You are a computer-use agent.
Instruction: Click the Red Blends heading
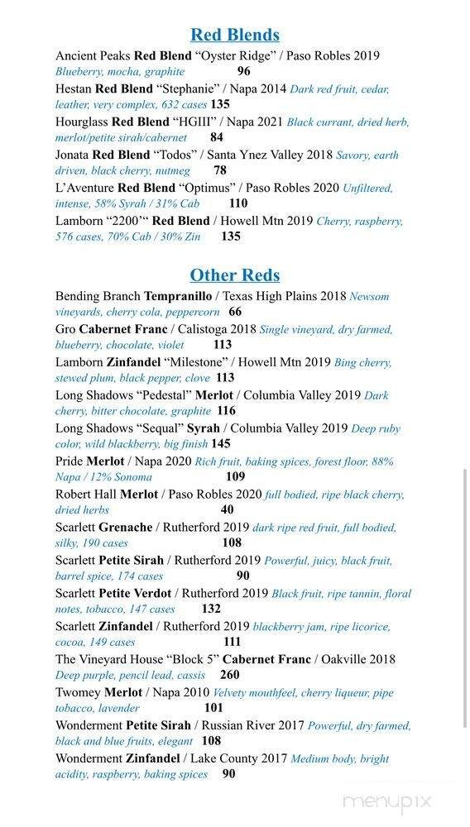click(234, 35)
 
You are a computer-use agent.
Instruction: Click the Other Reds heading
click(234, 275)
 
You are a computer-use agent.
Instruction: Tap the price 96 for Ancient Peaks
click(243, 72)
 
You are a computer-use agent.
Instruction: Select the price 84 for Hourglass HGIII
click(217, 138)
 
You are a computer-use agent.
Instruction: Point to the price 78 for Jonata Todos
click(220, 171)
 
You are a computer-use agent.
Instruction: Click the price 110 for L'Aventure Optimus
click(238, 203)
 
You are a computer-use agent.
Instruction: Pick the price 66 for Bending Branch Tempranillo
click(235, 313)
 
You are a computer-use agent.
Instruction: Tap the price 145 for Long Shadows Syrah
click(220, 444)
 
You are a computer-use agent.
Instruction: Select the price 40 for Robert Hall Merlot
click(227, 510)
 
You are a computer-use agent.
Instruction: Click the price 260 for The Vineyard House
click(229, 676)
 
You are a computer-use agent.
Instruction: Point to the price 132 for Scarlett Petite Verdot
click(211, 609)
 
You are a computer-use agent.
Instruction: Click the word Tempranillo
click(178, 296)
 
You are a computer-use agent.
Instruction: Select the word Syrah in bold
click(204, 428)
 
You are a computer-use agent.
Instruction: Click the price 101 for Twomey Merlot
click(213, 709)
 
